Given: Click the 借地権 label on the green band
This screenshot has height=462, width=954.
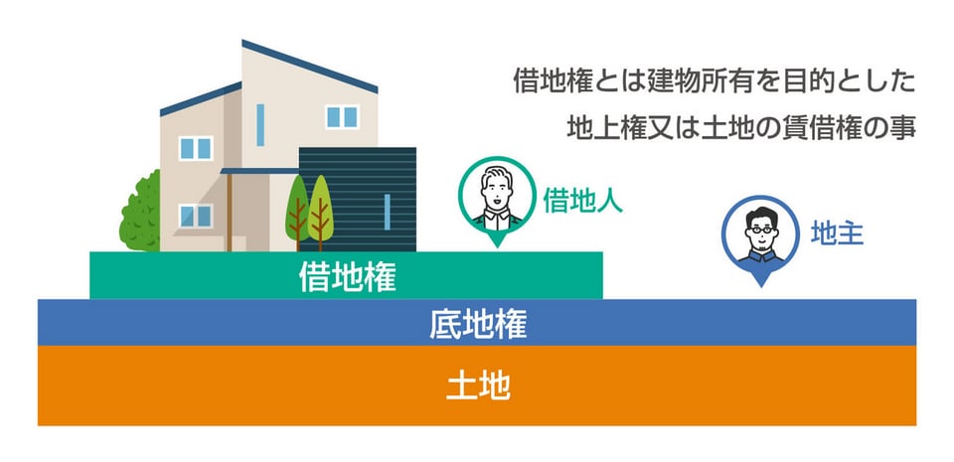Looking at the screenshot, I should (x=347, y=276).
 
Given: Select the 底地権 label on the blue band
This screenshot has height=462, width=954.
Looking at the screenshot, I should (x=478, y=323).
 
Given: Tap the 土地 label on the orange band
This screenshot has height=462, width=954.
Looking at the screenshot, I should (x=478, y=385).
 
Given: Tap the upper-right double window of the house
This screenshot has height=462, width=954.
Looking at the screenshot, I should (x=342, y=117).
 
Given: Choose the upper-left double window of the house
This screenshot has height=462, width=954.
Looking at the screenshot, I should (x=195, y=147).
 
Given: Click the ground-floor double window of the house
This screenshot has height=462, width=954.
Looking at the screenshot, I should (x=195, y=215).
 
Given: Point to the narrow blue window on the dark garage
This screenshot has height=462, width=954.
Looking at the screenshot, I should (x=387, y=212).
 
